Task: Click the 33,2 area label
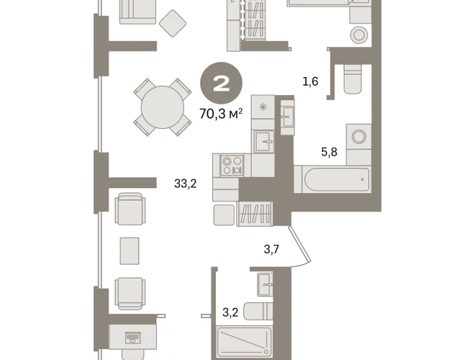[x=186, y=184]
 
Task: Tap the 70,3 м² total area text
[x=221, y=114]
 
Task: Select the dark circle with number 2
[x=221, y=84]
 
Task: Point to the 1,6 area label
[x=310, y=81]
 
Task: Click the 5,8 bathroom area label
[x=330, y=151]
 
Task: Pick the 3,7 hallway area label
[x=271, y=249]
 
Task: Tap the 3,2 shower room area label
[x=230, y=312]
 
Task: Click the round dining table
[x=163, y=107]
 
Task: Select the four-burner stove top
[x=232, y=165]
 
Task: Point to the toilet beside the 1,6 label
[x=353, y=79]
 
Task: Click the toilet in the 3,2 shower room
[x=258, y=311]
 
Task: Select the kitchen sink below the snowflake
[x=264, y=142]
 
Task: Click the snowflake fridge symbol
[x=263, y=107]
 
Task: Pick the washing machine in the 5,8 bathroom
[x=359, y=137]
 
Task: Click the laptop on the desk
[x=133, y=337]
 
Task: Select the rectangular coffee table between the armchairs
[x=130, y=251]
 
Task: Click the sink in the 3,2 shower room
[x=265, y=284]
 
